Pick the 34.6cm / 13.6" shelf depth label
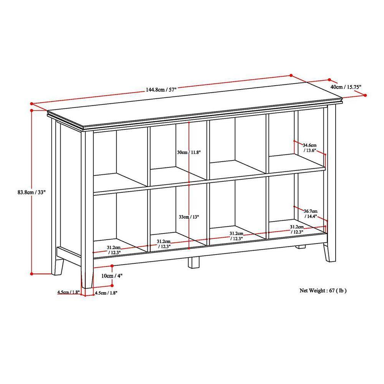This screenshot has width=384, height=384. click(x=310, y=148)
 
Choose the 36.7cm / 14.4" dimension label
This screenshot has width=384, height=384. click(x=310, y=214)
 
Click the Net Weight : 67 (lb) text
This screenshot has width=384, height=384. click(x=323, y=290)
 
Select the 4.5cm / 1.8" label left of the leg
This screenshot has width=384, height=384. click(x=68, y=293)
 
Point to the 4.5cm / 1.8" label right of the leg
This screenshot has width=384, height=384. click(x=106, y=293)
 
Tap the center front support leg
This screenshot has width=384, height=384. click(x=194, y=262)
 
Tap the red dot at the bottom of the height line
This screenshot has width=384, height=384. click(x=31, y=273)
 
